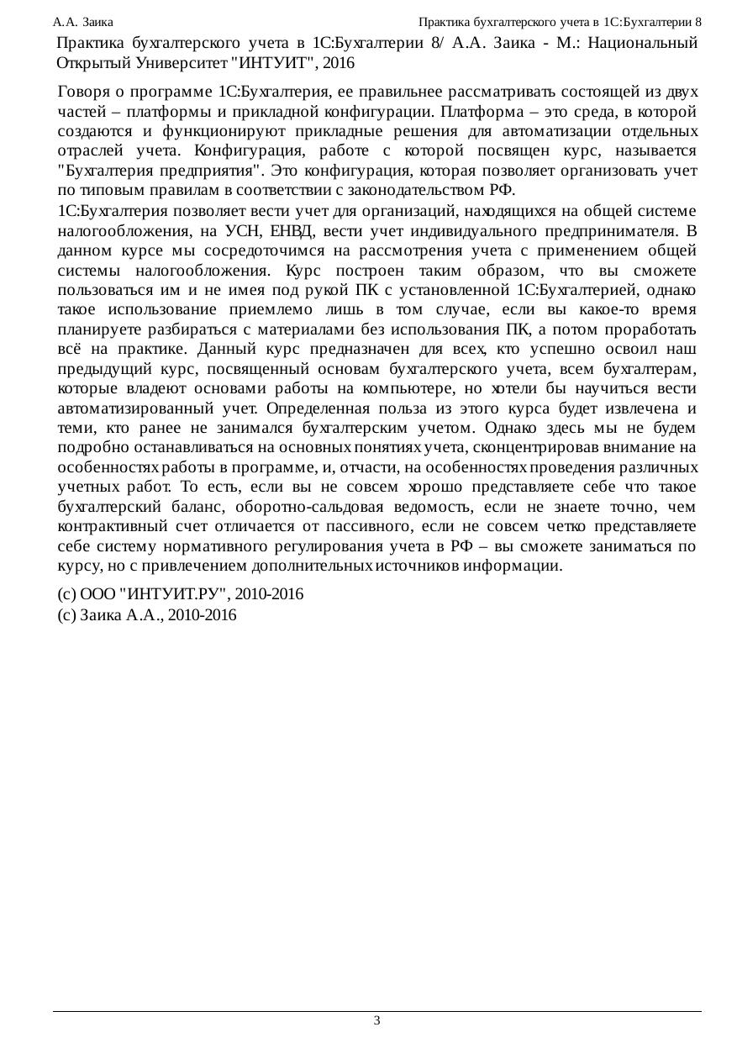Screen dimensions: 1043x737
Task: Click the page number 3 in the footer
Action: tap(376, 1020)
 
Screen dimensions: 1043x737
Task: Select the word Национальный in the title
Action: tap(646, 42)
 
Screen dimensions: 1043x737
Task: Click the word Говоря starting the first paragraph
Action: tap(83, 91)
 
